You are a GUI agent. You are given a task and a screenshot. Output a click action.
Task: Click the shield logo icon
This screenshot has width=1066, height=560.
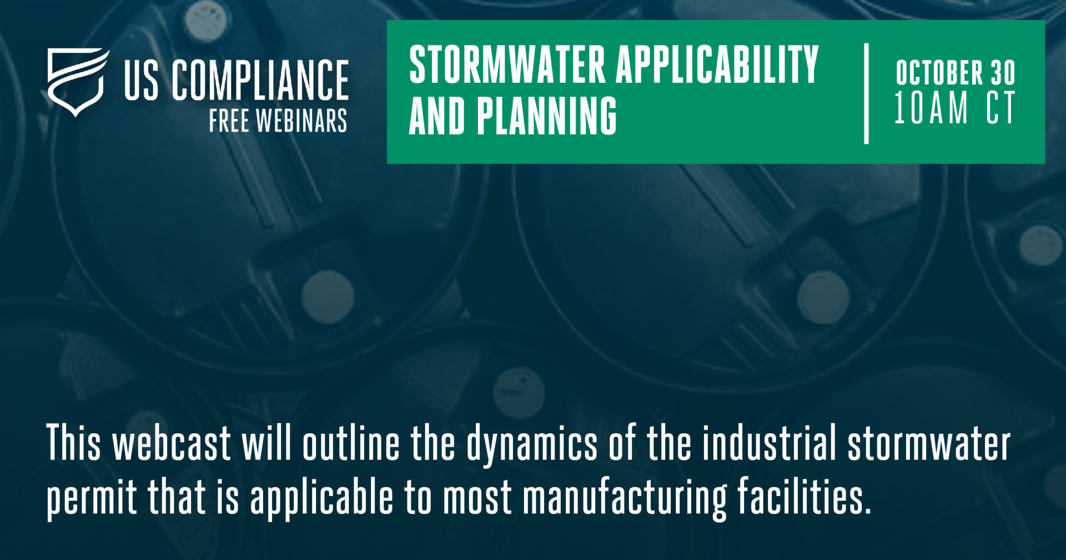(77, 81)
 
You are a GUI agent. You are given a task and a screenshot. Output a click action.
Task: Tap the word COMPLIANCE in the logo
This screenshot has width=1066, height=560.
(260, 81)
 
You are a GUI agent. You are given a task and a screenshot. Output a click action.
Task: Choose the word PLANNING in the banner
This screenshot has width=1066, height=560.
(546, 116)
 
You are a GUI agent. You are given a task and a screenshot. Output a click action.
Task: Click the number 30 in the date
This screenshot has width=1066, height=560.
(1004, 73)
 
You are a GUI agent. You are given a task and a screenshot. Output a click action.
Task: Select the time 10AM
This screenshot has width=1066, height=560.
(931, 108)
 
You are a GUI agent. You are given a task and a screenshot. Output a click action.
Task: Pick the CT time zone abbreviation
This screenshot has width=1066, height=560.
(1001, 108)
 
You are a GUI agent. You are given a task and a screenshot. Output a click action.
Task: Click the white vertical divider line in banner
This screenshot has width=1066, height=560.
(866, 93)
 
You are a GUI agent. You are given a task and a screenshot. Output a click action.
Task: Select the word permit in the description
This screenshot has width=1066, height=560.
(92, 498)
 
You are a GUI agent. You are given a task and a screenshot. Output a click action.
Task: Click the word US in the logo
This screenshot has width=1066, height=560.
(142, 81)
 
